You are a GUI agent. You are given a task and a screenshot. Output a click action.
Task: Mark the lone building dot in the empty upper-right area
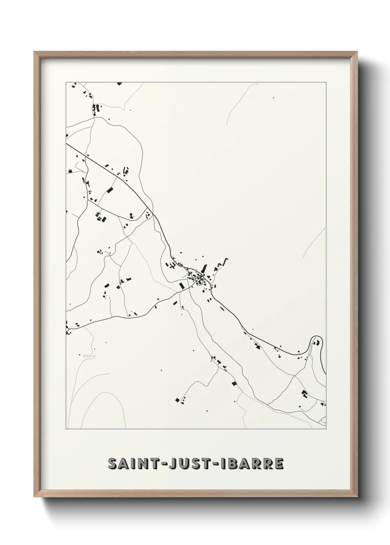[274, 98]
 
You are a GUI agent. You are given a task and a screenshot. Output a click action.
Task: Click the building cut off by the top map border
[119, 84]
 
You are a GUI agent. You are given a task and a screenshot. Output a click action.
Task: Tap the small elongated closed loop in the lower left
[88, 356]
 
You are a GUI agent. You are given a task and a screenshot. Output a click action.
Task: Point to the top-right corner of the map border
[326, 82]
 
